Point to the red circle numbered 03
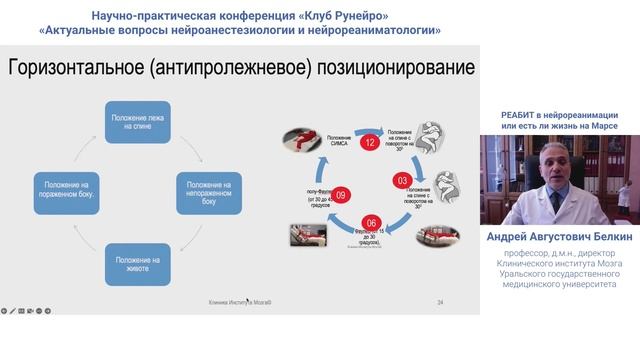(x=403, y=180)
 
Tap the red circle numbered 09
(x=341, y=195)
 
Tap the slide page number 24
(x=440, y=301)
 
